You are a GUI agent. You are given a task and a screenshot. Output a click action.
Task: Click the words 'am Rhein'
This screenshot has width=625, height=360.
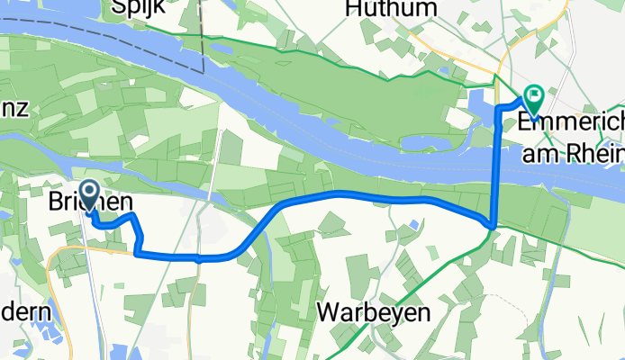573,154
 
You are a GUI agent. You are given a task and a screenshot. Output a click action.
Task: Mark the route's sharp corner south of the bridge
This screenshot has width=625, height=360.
492,222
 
